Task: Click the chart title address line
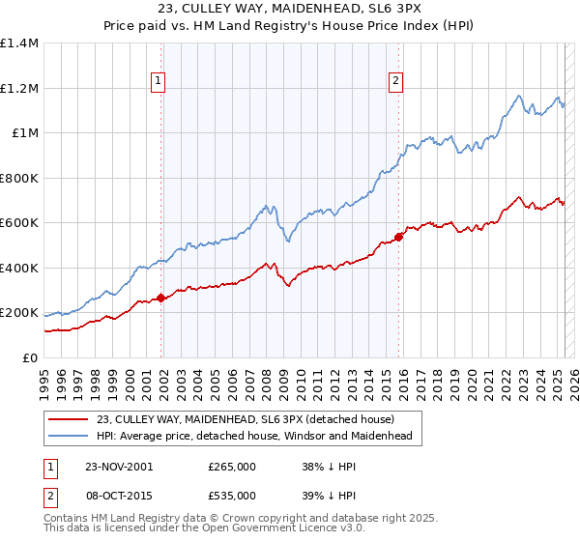(290, 11)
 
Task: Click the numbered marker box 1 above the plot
(158, 82)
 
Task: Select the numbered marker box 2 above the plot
(396, 82)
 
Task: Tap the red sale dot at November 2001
(161, 299)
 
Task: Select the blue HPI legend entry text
(254, 437)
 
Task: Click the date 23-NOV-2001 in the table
(119, 466)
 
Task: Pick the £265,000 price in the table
(232, 466)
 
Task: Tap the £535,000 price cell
(232, 495)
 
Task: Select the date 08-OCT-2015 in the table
(119, 495)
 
